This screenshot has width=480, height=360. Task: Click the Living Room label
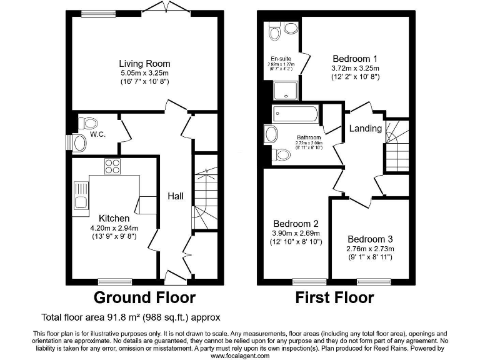(x=144, y=64)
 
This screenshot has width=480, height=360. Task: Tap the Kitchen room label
(x=114, y=218)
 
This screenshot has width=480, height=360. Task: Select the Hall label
(x=175, y=196)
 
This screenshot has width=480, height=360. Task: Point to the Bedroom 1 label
(x=356, y=52)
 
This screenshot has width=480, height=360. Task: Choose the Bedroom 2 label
(x=297, y=223)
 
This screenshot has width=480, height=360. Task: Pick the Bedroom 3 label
(x=371, y=239)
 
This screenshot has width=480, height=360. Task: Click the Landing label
(x=365, y=128)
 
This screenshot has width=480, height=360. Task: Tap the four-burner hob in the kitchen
(x=112, y=167)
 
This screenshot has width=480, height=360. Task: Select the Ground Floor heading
(x=144, y=297)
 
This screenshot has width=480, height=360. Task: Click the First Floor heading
(x=334, y=297)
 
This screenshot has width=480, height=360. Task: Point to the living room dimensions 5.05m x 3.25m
(x=144, y=73)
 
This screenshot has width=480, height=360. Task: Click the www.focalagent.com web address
(x=240, y=356)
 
